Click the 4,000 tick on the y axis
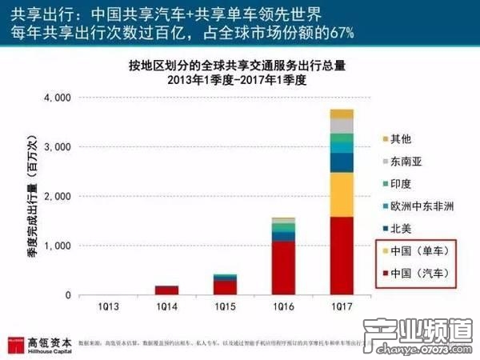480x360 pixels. click(59, 98)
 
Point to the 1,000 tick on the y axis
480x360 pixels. click(59, 246)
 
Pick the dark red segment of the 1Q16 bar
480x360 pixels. click(283, 268)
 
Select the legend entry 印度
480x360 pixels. click(400, 183)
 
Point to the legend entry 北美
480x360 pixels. click(400, 228)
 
